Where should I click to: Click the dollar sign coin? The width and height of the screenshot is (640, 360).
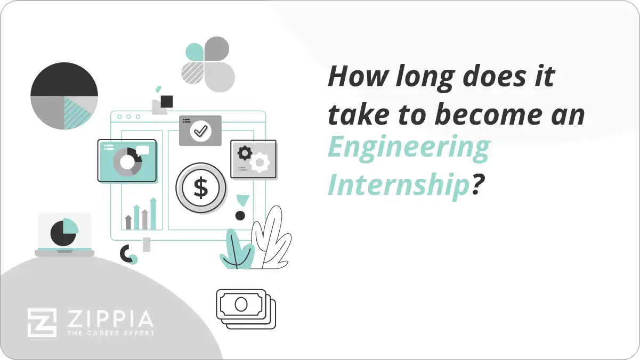(x=201, y=188)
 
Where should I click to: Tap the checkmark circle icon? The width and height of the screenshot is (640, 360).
(x=200, y=130)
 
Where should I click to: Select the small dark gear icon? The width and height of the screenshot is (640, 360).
(x=245, y=153)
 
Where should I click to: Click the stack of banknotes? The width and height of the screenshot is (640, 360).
(x=246, y=308)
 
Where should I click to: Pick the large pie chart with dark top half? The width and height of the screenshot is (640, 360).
(x=64, y=96)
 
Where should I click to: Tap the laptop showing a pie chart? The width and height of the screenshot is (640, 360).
(x=64, y=234)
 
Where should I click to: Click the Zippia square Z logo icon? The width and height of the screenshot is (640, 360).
(x=42, y=323)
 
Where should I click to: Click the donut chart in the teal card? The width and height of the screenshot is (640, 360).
(x=127, y=161)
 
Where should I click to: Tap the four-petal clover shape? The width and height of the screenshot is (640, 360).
(x=207, y=64)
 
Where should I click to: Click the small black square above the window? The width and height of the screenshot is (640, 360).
(x=167, y=101)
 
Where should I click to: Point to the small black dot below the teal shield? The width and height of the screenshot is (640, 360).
(x=240, y=216)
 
